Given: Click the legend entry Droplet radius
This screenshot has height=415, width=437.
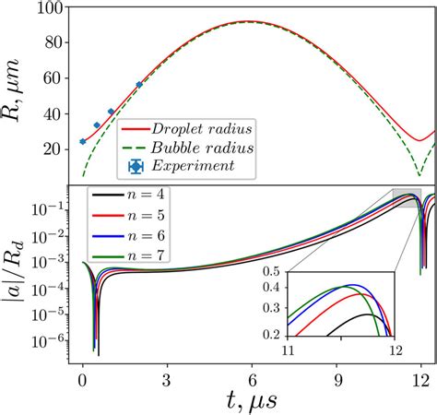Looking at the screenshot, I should point(205,127).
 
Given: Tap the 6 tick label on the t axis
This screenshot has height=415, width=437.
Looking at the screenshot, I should point(252,379).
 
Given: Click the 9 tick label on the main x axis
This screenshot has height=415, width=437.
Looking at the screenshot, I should point(337,379).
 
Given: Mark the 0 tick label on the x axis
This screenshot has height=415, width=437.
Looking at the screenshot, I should point(82,379).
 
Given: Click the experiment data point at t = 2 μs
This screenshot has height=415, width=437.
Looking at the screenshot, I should point(139,84).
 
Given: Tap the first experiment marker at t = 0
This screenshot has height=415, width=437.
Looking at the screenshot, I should point(83,141).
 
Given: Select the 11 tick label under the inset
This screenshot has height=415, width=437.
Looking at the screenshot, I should point(288,351).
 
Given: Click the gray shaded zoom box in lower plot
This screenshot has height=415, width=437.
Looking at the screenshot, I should point(407,197).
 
